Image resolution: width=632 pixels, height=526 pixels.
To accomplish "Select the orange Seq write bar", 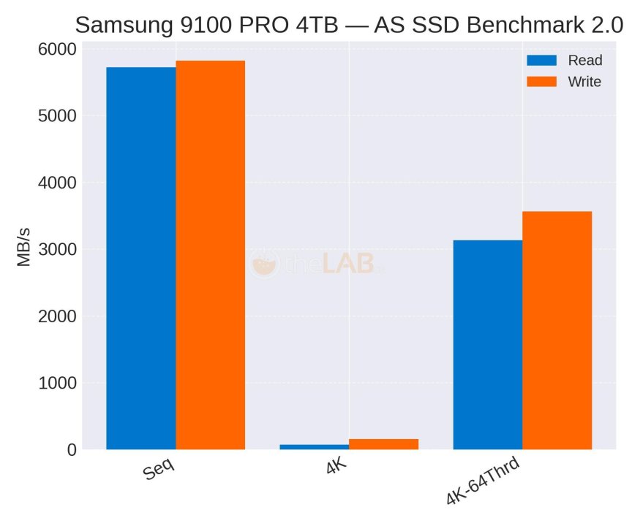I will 211,255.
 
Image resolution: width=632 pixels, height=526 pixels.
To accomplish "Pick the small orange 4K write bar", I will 383,444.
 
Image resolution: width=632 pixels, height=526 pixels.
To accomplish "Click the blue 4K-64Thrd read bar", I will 488,344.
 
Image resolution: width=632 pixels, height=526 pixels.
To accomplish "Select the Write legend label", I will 584,82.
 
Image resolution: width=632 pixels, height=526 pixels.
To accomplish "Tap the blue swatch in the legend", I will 542,60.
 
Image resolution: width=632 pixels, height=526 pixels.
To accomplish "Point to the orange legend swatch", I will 542,82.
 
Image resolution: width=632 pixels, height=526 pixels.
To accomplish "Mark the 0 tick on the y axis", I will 71,450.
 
